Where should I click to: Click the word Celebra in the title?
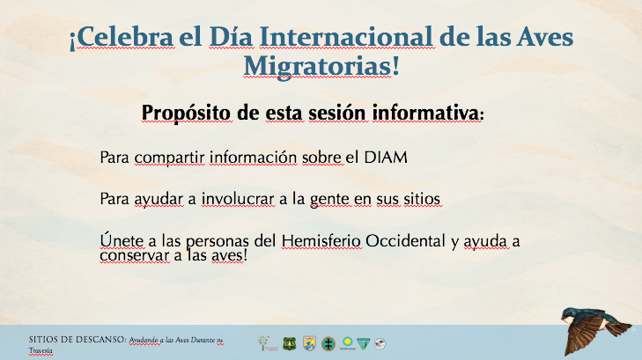coord(124,37)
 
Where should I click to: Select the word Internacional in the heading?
coord(346,37)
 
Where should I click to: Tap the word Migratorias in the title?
coord(317,66)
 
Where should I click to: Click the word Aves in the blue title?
coord(544,37)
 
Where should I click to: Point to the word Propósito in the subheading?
coord(187,113)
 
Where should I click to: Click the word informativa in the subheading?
coord(425,113)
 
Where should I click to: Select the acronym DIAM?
coord(386,158)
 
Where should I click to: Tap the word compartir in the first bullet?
coord(169,158)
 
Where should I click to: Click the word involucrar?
coord(238,199)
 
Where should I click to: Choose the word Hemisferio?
coord(321,241)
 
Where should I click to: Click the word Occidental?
coord(405,241)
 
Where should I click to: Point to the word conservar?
coord(134,255)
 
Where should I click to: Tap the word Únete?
coord(122,240)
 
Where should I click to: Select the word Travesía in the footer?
coord(41,350)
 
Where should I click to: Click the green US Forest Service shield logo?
coord(290,343)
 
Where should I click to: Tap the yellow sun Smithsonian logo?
coord(347,342)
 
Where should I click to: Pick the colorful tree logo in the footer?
coord(265,342)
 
